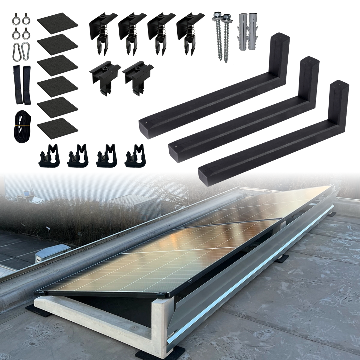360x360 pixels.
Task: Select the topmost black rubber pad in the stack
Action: click(58, 23)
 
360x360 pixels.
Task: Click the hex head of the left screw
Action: click(216, 15)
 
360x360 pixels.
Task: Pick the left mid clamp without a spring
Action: click(105, 77)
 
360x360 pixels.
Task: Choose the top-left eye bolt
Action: click(16, 20)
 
